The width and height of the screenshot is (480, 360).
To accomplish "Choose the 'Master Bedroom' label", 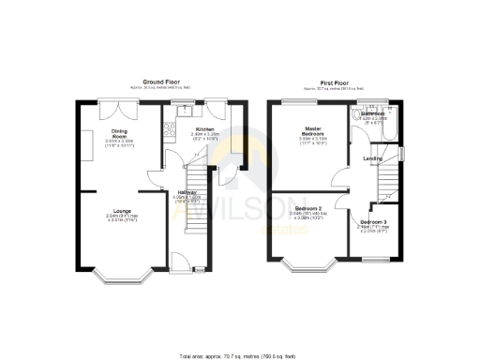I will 313,132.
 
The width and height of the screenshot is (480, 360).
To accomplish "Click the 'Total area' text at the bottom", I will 239,355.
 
